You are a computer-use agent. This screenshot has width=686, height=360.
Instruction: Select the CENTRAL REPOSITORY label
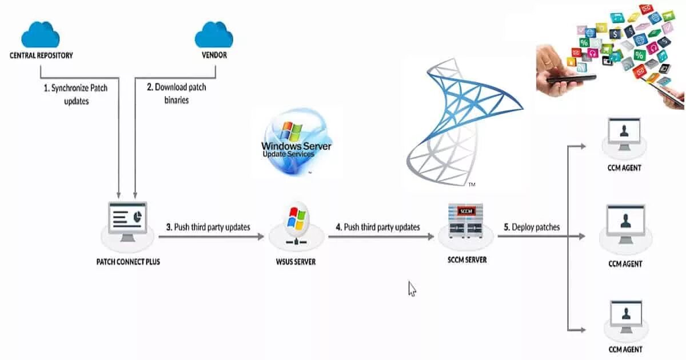tap(41, 55)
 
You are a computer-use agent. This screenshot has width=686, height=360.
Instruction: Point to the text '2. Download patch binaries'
tap(176, 93)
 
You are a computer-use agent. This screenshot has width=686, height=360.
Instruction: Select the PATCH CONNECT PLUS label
tap(128, 262)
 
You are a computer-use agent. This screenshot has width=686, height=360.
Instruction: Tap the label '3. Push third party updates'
tap(208, 227)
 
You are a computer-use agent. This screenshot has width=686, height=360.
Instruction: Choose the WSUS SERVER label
tap(296, 262)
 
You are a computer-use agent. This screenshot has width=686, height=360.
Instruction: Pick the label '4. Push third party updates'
tap(378, 227)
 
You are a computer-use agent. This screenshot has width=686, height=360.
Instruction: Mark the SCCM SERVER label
tap(467, 259)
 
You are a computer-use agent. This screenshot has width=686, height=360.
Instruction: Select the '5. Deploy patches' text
tap(532, 227)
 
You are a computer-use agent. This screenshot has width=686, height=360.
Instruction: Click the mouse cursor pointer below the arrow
tap(412, 288)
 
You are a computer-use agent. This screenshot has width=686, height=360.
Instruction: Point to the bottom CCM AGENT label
tap(625, 349)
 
